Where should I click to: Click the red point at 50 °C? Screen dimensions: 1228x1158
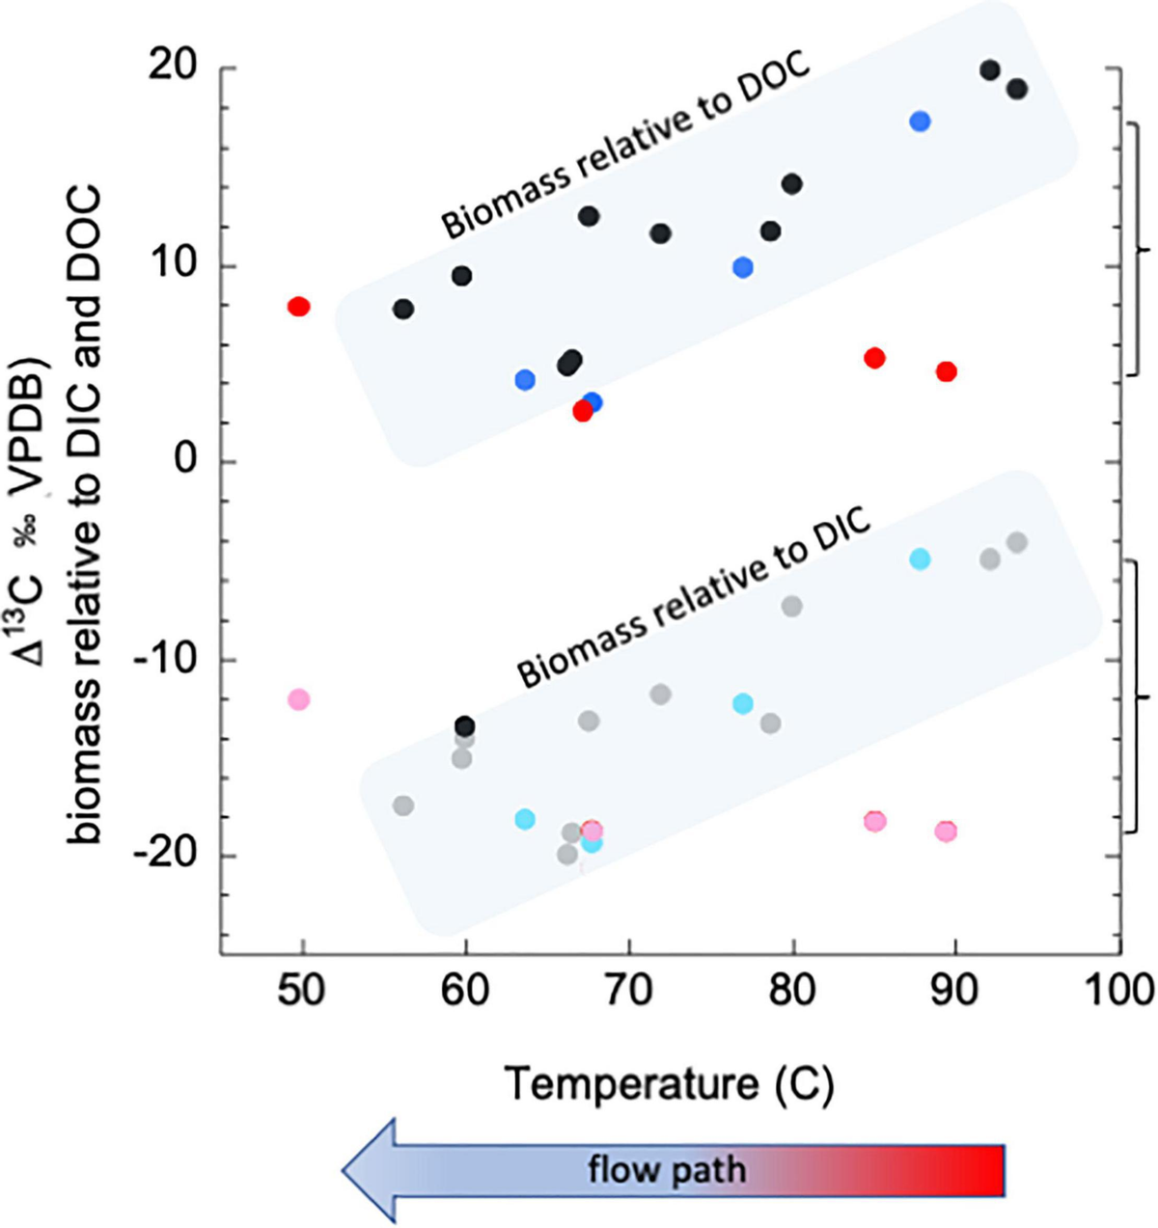pyautogui.click(x=298, y=307)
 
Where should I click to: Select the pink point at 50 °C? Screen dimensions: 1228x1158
pyautogui.click(x=298, y=699)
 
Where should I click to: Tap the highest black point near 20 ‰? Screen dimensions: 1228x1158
pyautogui.click(x=989, y=70)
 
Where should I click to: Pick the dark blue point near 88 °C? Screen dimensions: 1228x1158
pyautogui.click(x=920, y=122)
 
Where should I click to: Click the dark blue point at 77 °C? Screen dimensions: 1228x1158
pyautogui.click(x=742, y=268)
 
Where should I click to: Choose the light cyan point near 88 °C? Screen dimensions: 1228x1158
pyautogui.click(x=920, y=559)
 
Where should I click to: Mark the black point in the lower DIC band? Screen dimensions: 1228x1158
pyautogui.click(x=464, y=726)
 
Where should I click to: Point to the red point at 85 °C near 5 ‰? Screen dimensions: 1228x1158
pyautogui.click(x=874, y=359)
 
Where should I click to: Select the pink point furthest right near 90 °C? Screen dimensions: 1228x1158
pyautogui.click(x=946, y=832)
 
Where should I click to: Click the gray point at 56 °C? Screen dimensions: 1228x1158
pyautogui.click(x=403, y=805)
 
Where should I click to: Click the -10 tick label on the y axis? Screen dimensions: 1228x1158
pyautogui.click(x=164, y=661)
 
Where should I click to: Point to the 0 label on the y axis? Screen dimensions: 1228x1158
pyautogui.click(x=184, y=461)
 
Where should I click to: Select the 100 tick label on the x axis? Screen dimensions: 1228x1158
pyautogui.click(x=1119, y=991)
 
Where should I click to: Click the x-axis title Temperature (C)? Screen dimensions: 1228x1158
pyautogui.click(x=669, y=1084)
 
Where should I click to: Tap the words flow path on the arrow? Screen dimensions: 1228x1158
pyautogui.click(x=667, y=1170)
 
